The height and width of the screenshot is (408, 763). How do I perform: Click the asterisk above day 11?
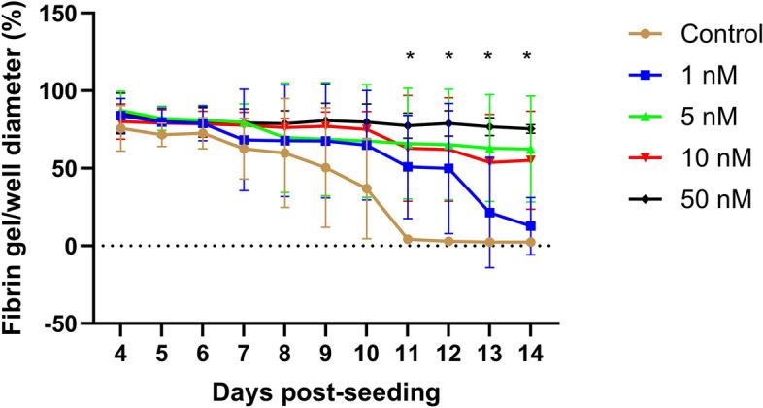click(x=410, y=57)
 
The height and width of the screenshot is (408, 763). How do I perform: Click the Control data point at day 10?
click(x=366, y=188)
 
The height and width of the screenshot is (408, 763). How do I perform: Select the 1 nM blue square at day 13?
click(x=488, y=213)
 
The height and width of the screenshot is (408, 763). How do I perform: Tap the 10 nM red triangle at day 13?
click(x=488, y=162)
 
